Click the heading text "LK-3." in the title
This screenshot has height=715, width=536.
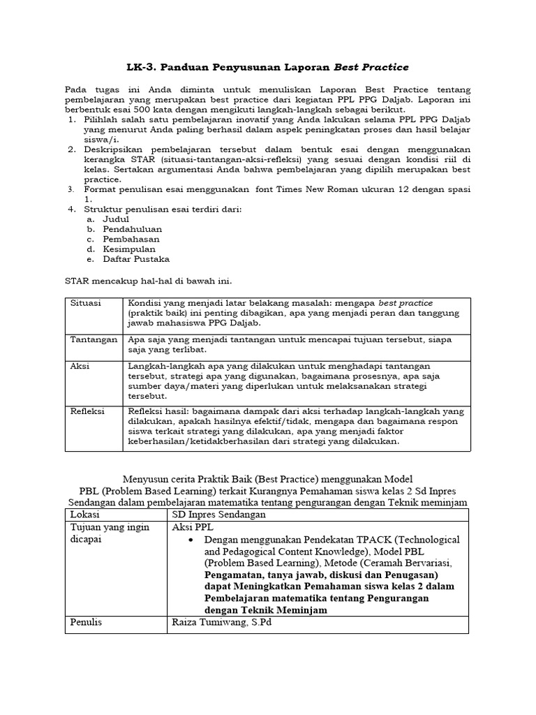pos(142,67)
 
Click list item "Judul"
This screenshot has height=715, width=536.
pos(117,219)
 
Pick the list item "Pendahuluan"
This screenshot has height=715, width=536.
pos(132,228)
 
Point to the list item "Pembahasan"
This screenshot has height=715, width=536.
pos(130,239)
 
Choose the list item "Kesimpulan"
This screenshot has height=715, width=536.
pos(129,249)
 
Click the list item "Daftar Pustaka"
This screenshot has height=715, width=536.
pos(136,259)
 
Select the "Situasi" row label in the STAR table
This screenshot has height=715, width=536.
pos(85,303)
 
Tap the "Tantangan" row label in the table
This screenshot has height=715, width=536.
pos(94,339)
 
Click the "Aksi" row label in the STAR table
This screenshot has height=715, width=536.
pos(80,366)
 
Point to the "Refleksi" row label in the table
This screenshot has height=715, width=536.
pos(87,412)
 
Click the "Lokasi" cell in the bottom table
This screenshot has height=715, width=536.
pos(85,514)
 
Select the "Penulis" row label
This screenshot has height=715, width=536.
pos(87,622)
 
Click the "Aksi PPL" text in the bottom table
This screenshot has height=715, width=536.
pos(192,527)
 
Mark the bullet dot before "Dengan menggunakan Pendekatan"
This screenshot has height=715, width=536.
pos(191,540)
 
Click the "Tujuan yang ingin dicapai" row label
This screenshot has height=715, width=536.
pos(110,533)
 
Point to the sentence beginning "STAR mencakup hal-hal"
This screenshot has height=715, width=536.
pos(147,281)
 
